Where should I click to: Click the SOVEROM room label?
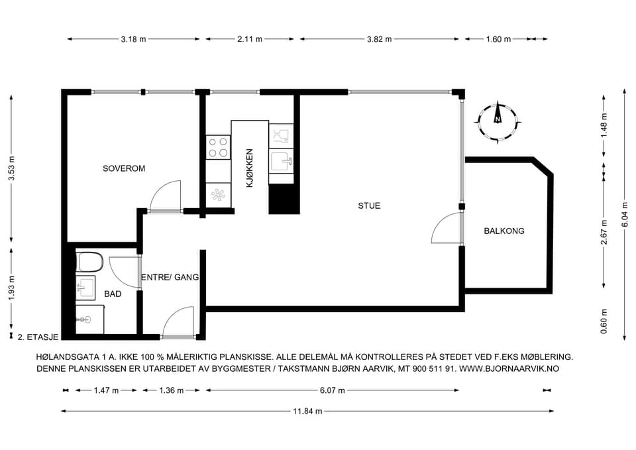(124, 168)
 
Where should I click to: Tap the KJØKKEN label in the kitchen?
(250, 168)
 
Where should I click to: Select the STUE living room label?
(369, 205)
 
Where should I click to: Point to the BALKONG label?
(503, 231)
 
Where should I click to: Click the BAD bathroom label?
(113, 294)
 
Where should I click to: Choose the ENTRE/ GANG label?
(170, 277)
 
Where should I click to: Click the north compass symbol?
(498, 122)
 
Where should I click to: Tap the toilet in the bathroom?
(89, 262)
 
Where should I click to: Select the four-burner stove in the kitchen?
(218, 147)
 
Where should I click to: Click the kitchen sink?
(281, 160)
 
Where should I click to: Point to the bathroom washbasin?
(85, 288)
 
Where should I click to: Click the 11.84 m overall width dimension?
(307, 412)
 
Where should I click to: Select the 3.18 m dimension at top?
(133, 39)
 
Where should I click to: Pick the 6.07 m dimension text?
(332, 390)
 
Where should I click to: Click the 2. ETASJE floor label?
(38, 337)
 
